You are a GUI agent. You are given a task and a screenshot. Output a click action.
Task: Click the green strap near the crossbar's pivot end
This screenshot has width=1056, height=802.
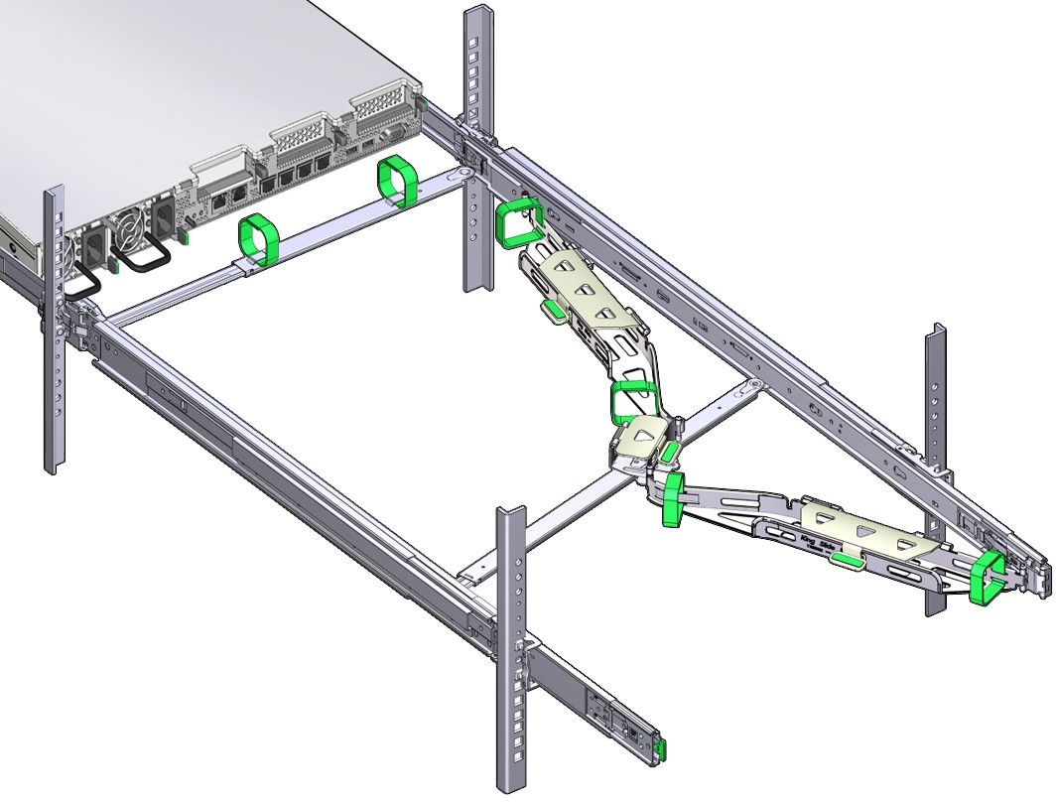point(397,181)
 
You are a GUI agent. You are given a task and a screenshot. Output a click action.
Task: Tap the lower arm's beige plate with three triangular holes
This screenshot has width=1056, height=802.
point(863,526)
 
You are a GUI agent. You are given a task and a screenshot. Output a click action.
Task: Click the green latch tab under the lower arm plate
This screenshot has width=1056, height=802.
point(847,562)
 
